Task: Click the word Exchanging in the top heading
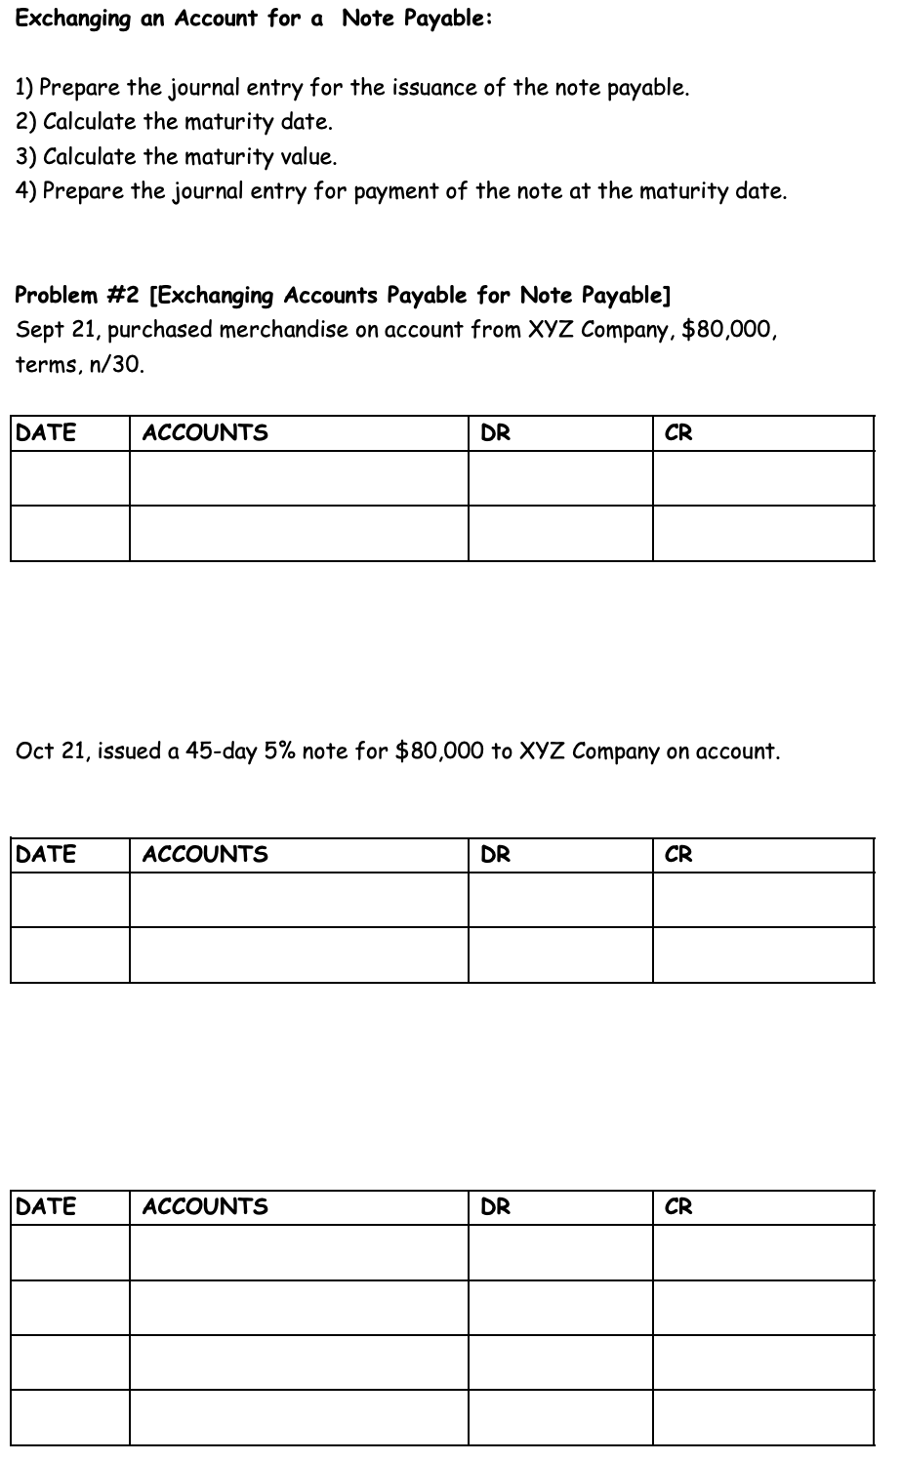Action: (x=73, y=20)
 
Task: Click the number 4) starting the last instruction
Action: (x=25, y=190)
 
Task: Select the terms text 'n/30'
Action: (x=122, y=365)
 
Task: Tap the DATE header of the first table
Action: (x=47, y=432)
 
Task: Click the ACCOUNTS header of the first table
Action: (x=205, y=432)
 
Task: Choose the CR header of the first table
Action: (x=678, y=432)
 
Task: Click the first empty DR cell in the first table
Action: (x=560, y=478)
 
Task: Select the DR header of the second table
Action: (x=496, y=854)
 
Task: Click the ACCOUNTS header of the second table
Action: (x=205, y=854)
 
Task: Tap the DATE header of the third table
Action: (x=47, y=1206)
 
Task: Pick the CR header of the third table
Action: (x=678, y=1206)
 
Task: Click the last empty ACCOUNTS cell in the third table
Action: (x=299, y=1417)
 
